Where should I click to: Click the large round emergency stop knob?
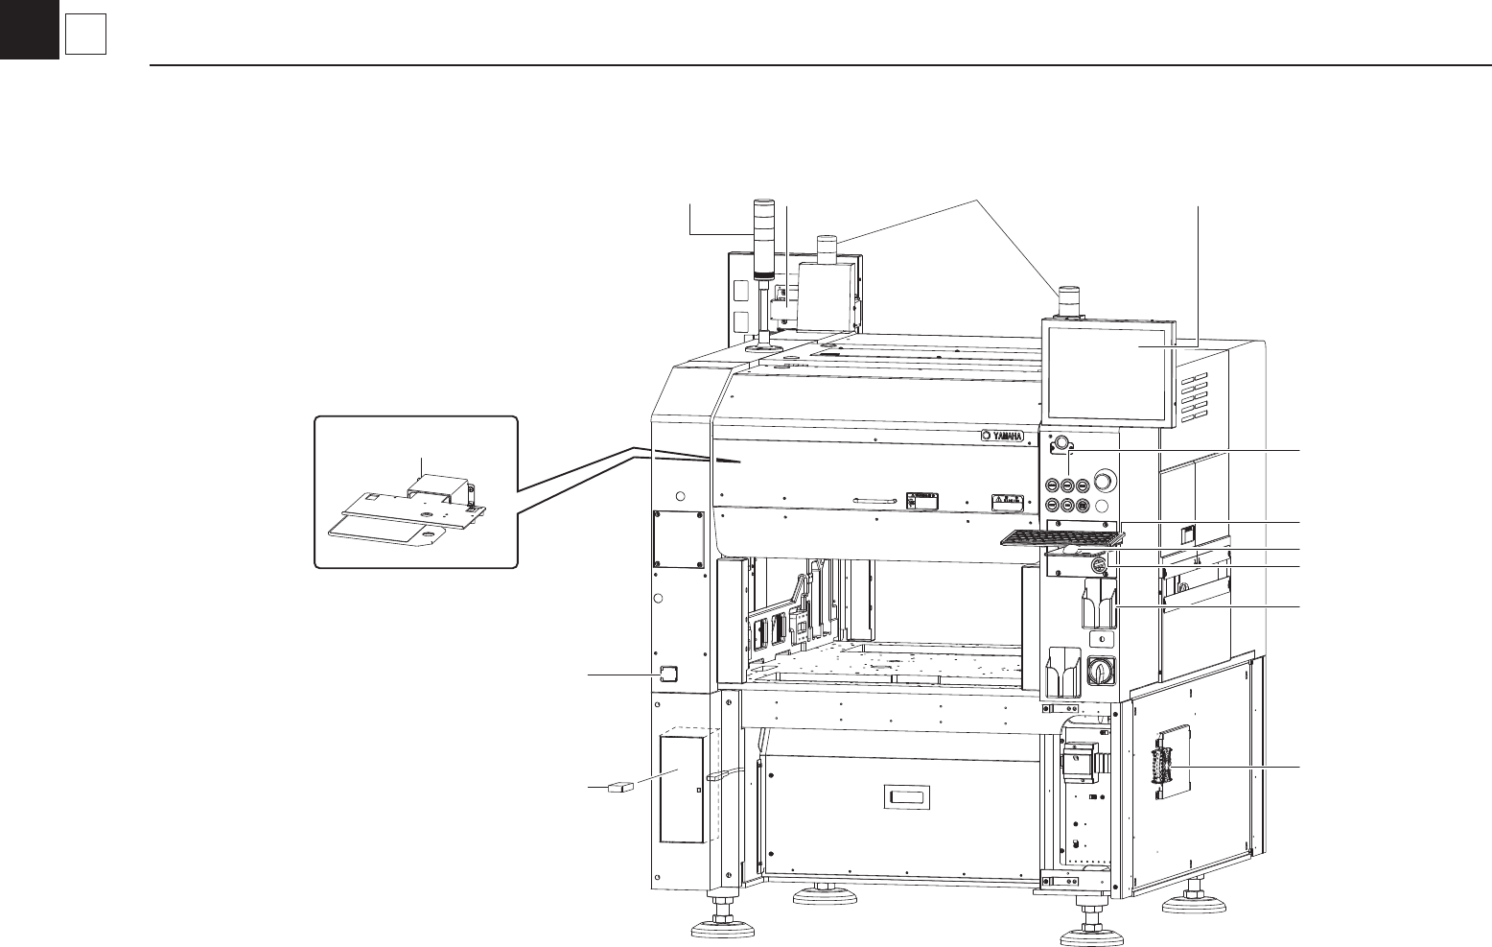(1106, 482)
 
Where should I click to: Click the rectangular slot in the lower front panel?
(908, 798)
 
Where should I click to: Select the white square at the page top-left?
(84, 36)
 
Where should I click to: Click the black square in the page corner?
(29, 29)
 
